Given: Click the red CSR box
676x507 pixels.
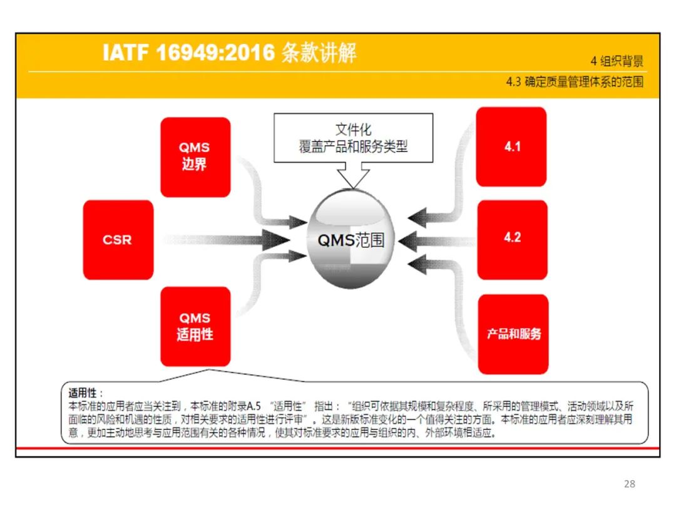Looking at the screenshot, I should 118,240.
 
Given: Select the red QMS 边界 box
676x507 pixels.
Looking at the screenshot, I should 195,157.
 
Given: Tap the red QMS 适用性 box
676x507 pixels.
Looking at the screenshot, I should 195,326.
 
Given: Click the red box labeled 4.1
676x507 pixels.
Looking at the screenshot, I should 512,147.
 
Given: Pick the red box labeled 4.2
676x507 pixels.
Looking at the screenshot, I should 512,238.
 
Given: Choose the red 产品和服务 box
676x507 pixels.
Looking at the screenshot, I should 513,334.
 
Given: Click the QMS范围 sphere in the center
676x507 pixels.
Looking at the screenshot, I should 351,240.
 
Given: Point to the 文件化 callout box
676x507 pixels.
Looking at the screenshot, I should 353,130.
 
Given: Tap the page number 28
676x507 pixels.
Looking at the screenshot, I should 630,484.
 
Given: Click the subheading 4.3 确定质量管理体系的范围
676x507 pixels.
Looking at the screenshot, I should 574,82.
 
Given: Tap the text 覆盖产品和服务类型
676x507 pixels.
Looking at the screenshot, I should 353,146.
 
